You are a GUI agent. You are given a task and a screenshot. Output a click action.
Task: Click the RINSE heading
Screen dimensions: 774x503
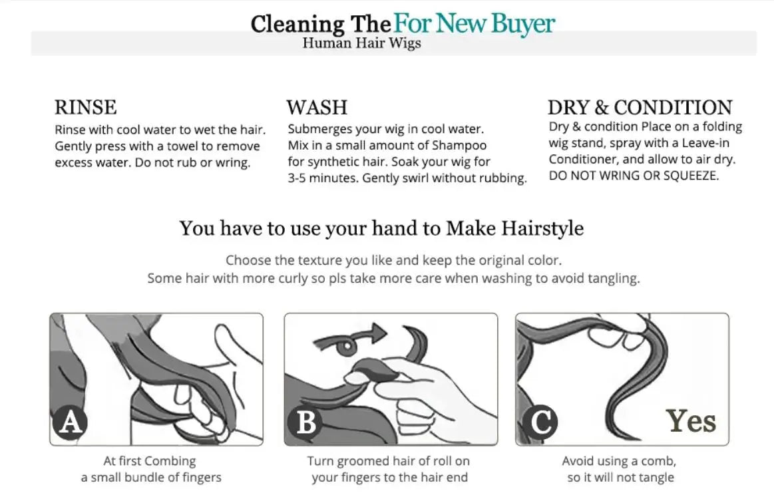(85, 108)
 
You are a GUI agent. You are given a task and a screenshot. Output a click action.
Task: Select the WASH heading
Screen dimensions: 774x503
(317, 108)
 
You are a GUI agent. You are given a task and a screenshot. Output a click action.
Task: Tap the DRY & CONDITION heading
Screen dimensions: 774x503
(640, 108)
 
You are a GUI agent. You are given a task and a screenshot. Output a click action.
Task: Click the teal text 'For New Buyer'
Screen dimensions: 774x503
(474, 24)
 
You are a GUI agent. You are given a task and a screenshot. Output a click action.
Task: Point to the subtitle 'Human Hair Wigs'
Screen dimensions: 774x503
(362, 43)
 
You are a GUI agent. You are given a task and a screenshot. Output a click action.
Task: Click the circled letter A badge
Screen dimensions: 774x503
(70, 422)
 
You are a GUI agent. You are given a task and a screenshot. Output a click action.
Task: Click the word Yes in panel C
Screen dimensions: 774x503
(691, 421)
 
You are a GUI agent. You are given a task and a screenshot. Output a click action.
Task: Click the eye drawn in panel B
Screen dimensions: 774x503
(347, 346)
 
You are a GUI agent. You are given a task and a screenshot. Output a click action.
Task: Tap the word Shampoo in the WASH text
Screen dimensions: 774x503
(459, 146)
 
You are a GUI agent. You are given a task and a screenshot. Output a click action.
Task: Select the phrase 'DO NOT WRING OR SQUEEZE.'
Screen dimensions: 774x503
(634, 176)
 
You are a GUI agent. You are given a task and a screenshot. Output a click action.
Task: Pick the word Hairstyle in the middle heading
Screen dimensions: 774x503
(542, 228)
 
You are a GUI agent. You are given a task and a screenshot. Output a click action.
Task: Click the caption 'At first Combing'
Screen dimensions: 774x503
(150, 461)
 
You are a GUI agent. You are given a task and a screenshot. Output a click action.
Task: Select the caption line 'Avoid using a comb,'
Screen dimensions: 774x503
(619, 461)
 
